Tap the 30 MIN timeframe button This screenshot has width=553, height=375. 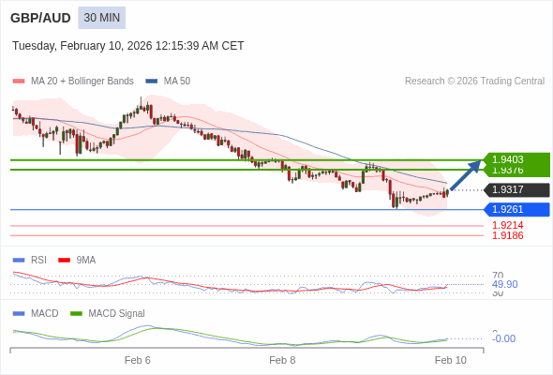pyautogui.click(x=101, y=18)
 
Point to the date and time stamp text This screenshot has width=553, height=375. pyautogui.click(x=128, y=45)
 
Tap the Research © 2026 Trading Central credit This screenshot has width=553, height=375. pyautogui.click(x=474, y=82)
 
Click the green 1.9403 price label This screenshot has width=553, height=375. pyautogui.click(x=516, y=159)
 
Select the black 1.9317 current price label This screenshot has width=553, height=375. pyautogui.click(x=516, y=190)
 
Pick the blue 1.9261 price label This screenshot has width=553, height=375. pyautogui.click(x=516, y=209)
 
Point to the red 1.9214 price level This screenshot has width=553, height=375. pyautogui.click(x=507, y=225)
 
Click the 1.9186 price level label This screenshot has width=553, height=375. pyautogui.click(x=507, y=235)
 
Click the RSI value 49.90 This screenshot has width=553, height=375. pyautogui.click(x=504, y=284)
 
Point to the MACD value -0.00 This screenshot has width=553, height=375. pyautogui.click(x=503, y=338)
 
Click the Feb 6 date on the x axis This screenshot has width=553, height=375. pyautogui.click(x=137, y=360)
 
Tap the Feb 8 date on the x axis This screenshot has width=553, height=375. pyautogui.click(x=282, y=360)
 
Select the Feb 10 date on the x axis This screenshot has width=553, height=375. pyautogui.click(x=450, y=360)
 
